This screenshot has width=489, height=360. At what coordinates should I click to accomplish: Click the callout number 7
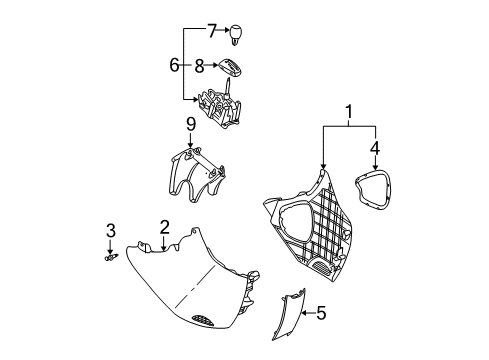click(211, 30)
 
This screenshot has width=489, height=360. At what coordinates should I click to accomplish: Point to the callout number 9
click(188, 125)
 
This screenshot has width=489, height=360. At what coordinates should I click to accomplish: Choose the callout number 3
click(111, 233)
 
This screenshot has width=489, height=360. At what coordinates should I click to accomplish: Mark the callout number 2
click(164, 227)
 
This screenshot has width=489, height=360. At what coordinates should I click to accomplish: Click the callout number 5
click(321, 314)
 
